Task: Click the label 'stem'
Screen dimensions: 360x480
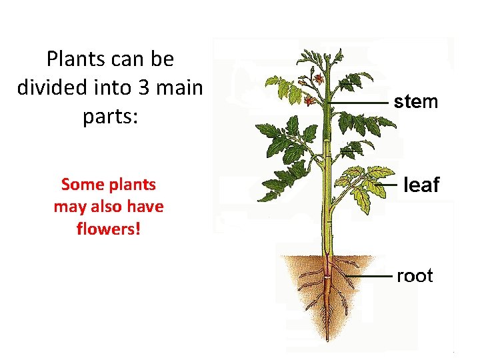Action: tap(415, 102)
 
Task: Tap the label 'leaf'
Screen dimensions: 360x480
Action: tap(421, 185)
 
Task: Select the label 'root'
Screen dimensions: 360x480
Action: tap(415, 275)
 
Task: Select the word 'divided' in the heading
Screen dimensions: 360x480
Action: tap(49, 87)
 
